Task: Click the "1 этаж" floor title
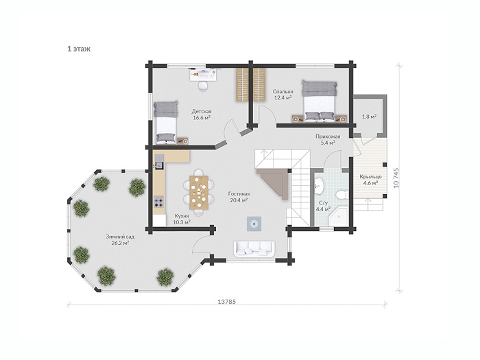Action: click(x=79, y=49)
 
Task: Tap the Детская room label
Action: click(x=202, y=111)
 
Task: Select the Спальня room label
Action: click(x=283, y=91)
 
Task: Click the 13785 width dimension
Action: click(x=227, y=302)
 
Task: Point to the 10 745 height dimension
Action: click(x=397, y=177)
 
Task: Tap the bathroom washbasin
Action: click(x=319, y=186)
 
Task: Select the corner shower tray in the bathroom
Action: click(x=337, y=217)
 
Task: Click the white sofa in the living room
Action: click(x=254, y=248)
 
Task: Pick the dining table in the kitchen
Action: click(x=199, y=193)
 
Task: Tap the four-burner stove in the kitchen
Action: click(x=158, y=202)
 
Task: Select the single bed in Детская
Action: click(x=166, y=123)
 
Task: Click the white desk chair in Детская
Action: click(x=203, y=86)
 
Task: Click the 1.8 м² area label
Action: click(x=369, y=117)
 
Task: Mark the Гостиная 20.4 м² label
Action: click(x=239, y=197)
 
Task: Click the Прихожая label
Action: click(x=328, y=136)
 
